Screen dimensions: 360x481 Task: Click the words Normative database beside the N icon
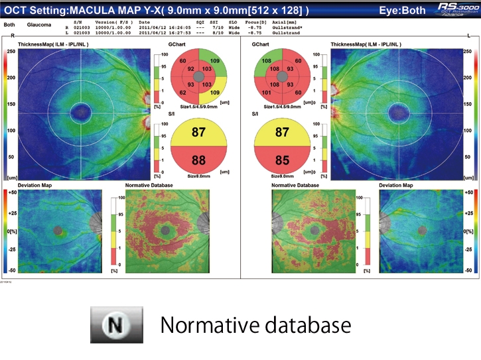255,326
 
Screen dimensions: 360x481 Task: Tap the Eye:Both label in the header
402,11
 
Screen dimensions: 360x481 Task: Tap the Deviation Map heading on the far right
396,186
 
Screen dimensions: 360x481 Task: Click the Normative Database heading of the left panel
149,186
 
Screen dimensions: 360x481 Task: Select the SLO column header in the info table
233,23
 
